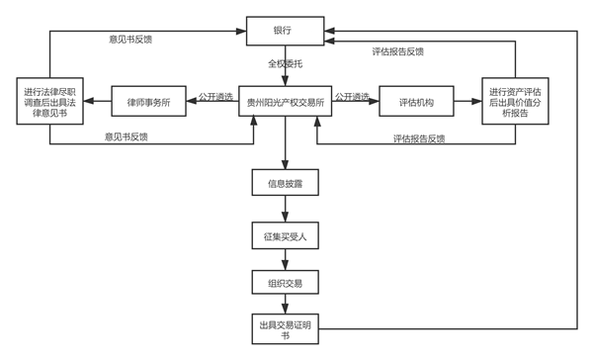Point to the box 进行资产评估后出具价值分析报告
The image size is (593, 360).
click(x=523, y=102)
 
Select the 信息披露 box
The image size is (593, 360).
click(x=284, y=185)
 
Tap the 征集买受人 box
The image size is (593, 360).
click(x=284, y=236)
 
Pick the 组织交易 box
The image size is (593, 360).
click(x=284, y=283)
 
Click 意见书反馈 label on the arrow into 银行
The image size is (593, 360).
click(x=129, y=40)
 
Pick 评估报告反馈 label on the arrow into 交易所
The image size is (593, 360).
click(x=413, y=138)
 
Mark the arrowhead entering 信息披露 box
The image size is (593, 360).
click(x=284, y=167)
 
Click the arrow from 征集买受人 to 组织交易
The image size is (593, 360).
click(x=284, y=259)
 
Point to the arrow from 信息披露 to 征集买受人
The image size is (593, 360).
click(x=284, y=211)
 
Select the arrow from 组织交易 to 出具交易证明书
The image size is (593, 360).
click(x=284, y=306)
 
